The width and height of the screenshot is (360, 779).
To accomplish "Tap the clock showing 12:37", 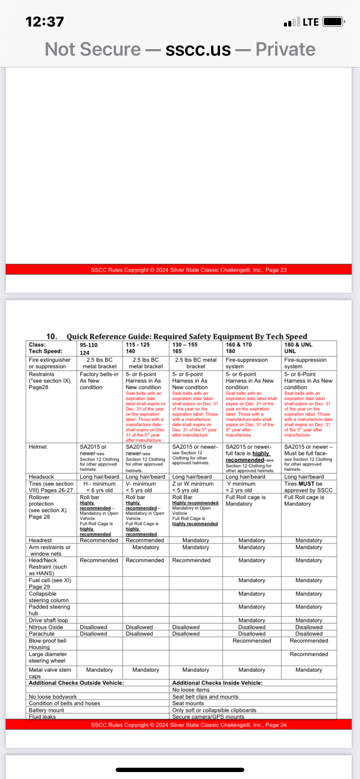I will click(45, 22).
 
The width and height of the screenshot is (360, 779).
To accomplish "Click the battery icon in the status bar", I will click(334, 22).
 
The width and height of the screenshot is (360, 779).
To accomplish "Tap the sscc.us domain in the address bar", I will click(198, 50).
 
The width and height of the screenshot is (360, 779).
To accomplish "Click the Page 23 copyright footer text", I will click(189, 270).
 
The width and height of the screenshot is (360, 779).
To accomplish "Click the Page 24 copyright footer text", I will click(189, 725).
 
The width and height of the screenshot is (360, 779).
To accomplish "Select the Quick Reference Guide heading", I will click(187, 336).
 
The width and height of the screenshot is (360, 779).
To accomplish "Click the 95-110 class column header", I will click(89, 345).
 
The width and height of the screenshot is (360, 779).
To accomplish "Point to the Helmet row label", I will click(38, 447).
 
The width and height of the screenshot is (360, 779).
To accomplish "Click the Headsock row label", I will click(41, 477).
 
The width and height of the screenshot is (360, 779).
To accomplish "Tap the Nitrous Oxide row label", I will click(46, 627).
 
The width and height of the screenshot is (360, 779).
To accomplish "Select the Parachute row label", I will click(42, 634).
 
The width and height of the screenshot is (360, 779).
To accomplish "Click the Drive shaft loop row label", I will click(48, 620).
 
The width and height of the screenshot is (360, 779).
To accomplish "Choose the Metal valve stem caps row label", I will click(50, 672).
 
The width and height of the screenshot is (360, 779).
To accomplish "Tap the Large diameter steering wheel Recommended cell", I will click(309, 654).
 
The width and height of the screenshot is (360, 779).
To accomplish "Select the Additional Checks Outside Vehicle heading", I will click(77, 683).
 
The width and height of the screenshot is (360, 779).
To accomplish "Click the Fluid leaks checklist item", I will click(42, 717).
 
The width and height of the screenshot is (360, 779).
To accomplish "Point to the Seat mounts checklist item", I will click(188, 703).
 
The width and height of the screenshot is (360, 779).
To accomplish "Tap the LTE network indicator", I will click(311, 22).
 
